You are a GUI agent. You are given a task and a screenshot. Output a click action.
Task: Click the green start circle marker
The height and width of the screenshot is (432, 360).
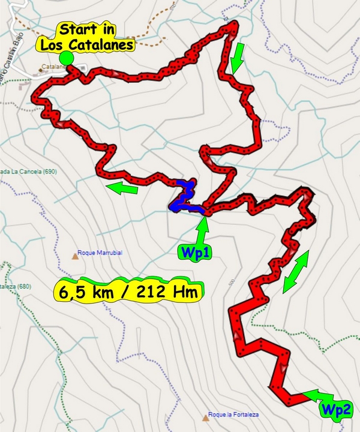[x=67, y=58]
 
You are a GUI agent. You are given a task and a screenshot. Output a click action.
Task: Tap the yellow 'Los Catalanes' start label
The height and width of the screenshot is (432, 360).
[x=84, y=44]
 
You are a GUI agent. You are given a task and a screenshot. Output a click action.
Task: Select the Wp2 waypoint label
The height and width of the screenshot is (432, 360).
[x=334, y=410]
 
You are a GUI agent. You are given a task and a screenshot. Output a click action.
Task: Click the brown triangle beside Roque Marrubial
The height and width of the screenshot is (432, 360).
[x=75, y=256]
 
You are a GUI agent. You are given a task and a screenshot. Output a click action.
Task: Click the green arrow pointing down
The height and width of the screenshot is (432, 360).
[x=238, y=56]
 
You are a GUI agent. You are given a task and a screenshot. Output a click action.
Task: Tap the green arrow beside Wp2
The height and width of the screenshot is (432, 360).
[x=317, y=396]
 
